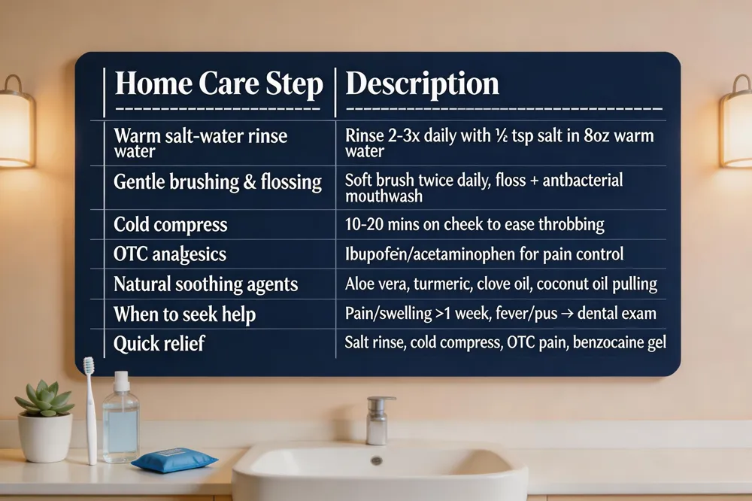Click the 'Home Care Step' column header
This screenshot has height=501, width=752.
[x=219, y=84]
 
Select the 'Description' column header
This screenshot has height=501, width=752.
[x=422, y=84]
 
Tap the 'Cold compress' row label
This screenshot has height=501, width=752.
[x=170, y=225]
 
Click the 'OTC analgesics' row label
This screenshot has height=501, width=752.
[x=170, y=254]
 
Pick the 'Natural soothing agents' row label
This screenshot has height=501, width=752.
[x=206, y=284]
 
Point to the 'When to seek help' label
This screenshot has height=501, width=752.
[x=185, y=314]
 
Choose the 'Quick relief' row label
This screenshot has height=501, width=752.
[x=159, y=344]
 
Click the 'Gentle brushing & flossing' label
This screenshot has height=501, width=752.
[x=218, y=182]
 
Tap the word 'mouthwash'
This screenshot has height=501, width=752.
[x=384, y=196]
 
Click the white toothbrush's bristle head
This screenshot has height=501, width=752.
[x=89, y=366]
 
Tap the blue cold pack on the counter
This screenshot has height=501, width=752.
[x=174, y=459]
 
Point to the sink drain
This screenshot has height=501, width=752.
[x=377, y=460]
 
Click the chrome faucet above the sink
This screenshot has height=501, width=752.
[x=379, y=421]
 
